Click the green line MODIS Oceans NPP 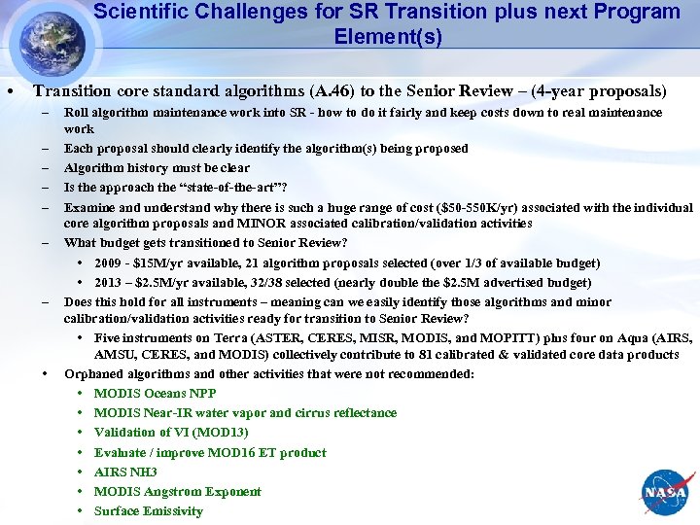(155, 394)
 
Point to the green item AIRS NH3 (125, 472)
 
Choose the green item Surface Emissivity (148, 511)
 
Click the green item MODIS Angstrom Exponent (177, 492)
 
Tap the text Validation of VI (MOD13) (171, 433)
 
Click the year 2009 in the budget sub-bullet (110, 263)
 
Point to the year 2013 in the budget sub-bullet (110, 283)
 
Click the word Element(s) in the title (387, 38)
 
